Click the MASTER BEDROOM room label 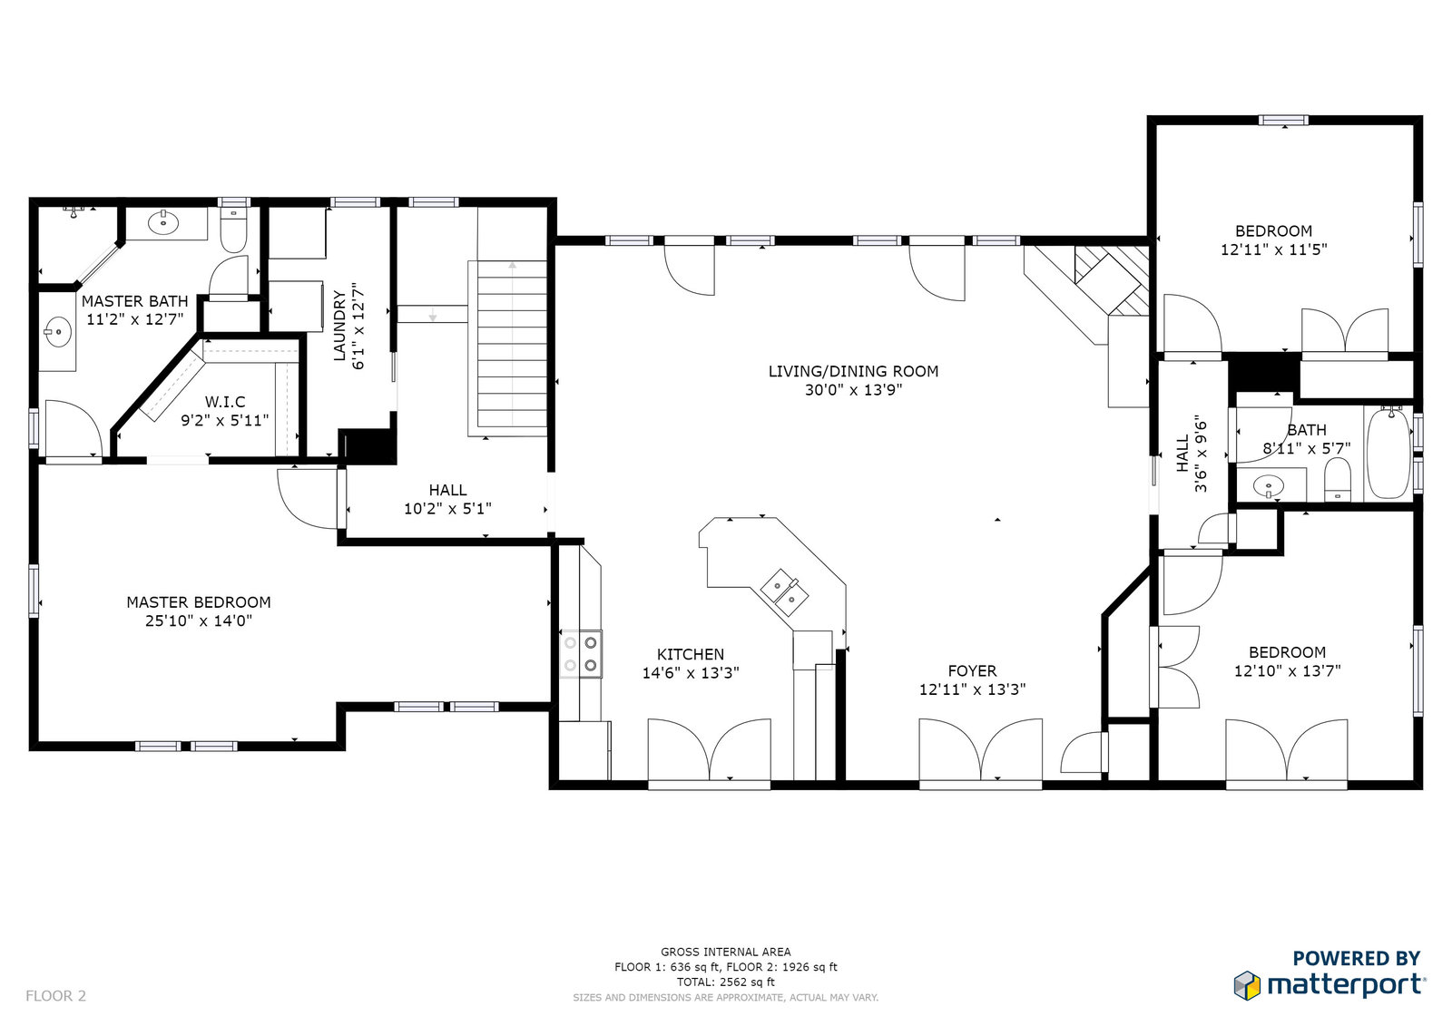pos(199,602)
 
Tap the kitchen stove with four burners pos(581,654)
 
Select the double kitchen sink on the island pos(784,591)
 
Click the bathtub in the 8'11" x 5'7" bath pos(1388,453)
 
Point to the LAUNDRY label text pos(339,326)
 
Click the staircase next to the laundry pos(512,344)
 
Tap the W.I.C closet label pos(225,402)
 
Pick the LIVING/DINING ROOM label pos(853,371)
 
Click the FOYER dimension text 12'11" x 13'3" pos(972,689)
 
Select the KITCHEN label pos(691,654)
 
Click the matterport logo pos(1329,985)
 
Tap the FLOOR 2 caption pos(55,995)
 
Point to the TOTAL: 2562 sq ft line pos(726,982)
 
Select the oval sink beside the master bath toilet pos(163,223)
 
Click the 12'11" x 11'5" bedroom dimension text pos(1274,249)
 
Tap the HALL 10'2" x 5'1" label pos(447,499)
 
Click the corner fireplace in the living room pos(1102,285)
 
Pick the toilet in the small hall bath pos(1337,480)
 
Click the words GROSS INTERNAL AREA pos(726,952)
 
